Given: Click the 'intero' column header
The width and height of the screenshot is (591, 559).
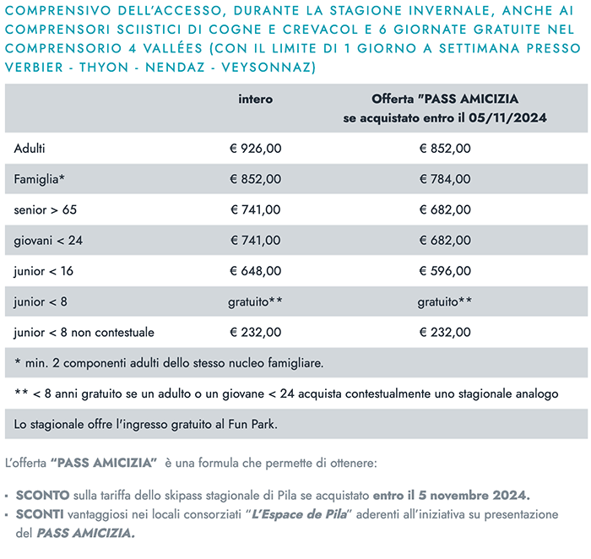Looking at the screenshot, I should pos(255,100).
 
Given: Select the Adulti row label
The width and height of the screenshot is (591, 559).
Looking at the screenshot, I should pos(30,149).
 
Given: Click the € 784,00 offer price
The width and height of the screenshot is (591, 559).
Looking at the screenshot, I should pos(444,179).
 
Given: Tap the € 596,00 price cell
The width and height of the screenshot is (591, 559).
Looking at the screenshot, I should pos(444,271).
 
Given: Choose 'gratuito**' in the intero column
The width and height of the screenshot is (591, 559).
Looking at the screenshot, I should pos(255,301).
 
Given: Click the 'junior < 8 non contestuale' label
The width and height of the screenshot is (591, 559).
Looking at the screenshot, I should pos(84,332).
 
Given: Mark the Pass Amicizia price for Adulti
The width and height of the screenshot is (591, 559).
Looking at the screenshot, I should pos(444,149).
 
